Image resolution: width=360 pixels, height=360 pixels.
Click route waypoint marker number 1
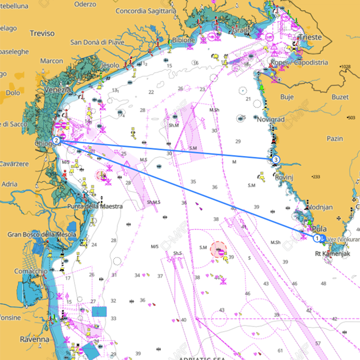click(x=316, y=238)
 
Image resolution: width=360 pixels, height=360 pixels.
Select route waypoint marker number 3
click(x=275, y=159)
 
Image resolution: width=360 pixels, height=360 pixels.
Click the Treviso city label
click(x=42, y=33)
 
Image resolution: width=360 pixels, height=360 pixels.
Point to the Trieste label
click(x=310, y=37)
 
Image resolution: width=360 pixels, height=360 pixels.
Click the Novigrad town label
click(x=270, y=120)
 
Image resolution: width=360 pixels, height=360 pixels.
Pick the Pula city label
click(x=319, y=228)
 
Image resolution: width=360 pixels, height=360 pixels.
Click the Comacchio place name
click(x=31, y=270)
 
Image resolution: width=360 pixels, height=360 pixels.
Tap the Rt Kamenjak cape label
click(x=332, y=254)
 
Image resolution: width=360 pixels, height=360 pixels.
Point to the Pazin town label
click(x=335, y=138)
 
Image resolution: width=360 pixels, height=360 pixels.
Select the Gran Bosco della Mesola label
click(x=41, y=234)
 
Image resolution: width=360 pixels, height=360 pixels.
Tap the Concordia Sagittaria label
click(x=145, y=11)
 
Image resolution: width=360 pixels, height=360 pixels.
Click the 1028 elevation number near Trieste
click(x=344, y=66)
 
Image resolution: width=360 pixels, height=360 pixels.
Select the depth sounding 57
click(x=318, y=343)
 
